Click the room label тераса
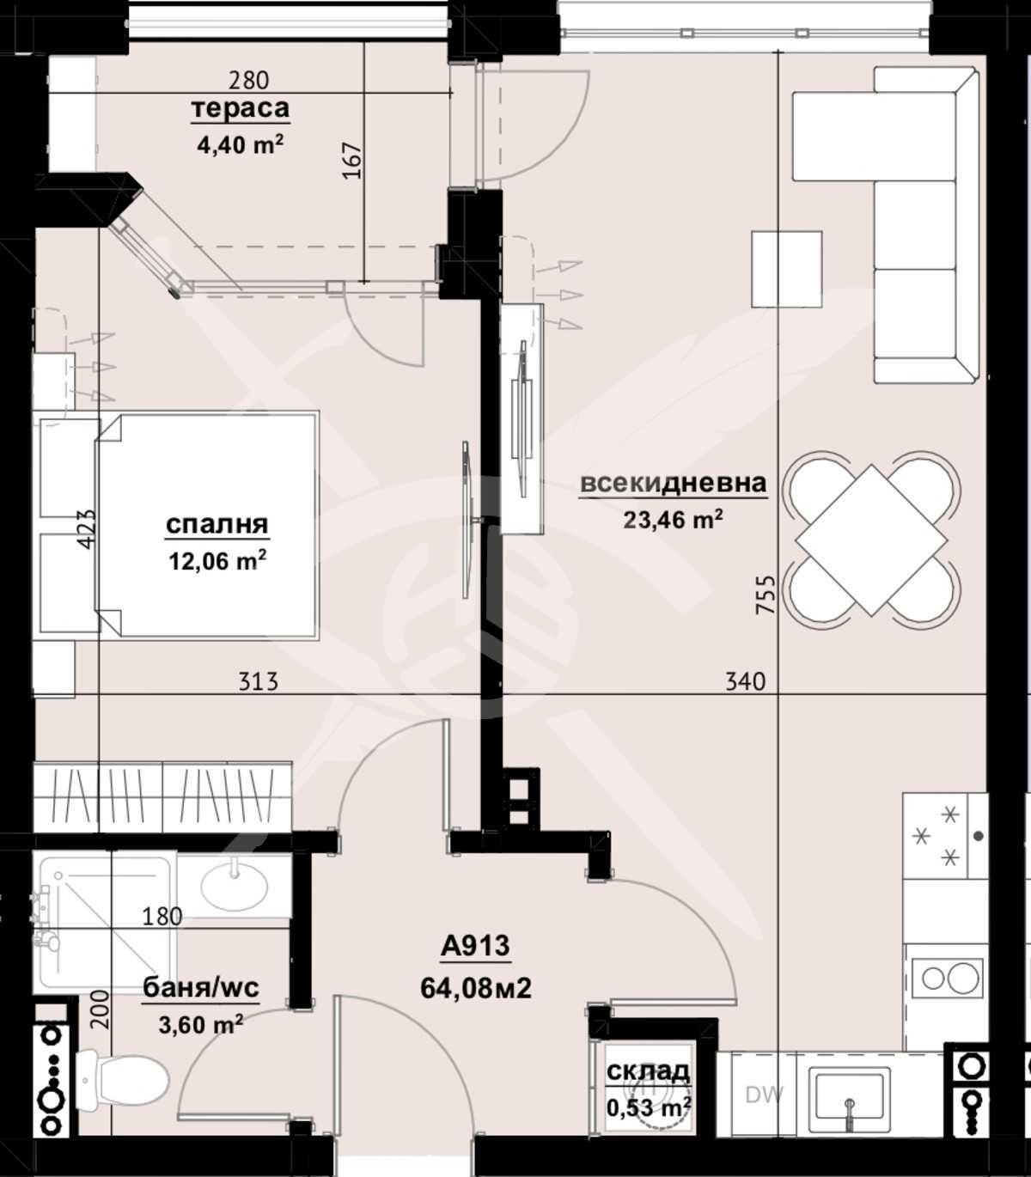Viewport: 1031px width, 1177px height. pos(240,109)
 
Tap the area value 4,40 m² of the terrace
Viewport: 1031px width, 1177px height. pos(240,144)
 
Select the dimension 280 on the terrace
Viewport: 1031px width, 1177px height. pos(248,80)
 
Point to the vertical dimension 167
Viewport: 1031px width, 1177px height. pos(352,161)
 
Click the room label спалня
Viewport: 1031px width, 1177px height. pos(217,524)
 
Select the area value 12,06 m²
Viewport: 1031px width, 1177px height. pos(217,561)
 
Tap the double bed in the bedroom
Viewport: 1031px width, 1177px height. pos(206,525)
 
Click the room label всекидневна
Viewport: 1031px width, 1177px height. pos(673,484)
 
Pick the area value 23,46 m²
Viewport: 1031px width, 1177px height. pos(673,519)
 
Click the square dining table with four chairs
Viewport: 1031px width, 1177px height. pos(872,540)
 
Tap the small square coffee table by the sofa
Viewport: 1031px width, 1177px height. pos(786,268)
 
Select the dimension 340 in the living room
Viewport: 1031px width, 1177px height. pos(745,681)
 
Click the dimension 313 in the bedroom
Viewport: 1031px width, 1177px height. pos(258,681)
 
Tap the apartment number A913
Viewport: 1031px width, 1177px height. pos(475,947)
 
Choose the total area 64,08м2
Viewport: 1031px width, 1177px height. pos(475,988)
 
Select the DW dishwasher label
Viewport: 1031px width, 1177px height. pos(764,1095)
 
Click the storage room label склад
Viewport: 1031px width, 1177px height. pos(648,1071)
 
